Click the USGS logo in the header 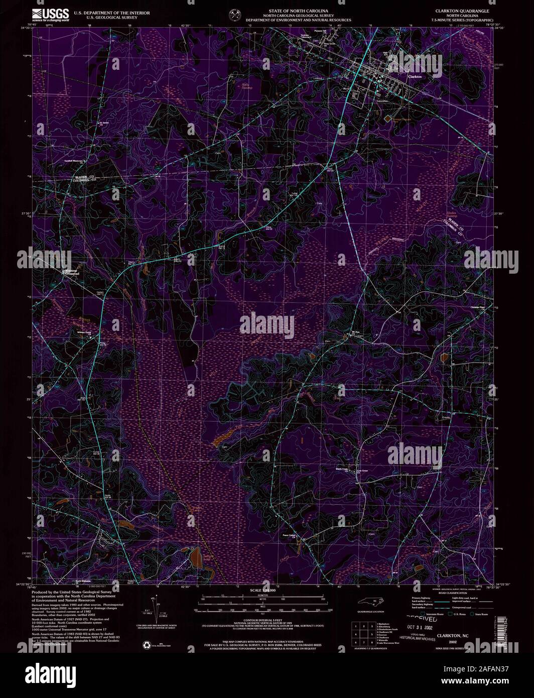pyautogui.click(x=50, y=14)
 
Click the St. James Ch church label pyautogui.click(x=103, y=121)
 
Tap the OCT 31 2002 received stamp pyautogui.click(x=419, y=627)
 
